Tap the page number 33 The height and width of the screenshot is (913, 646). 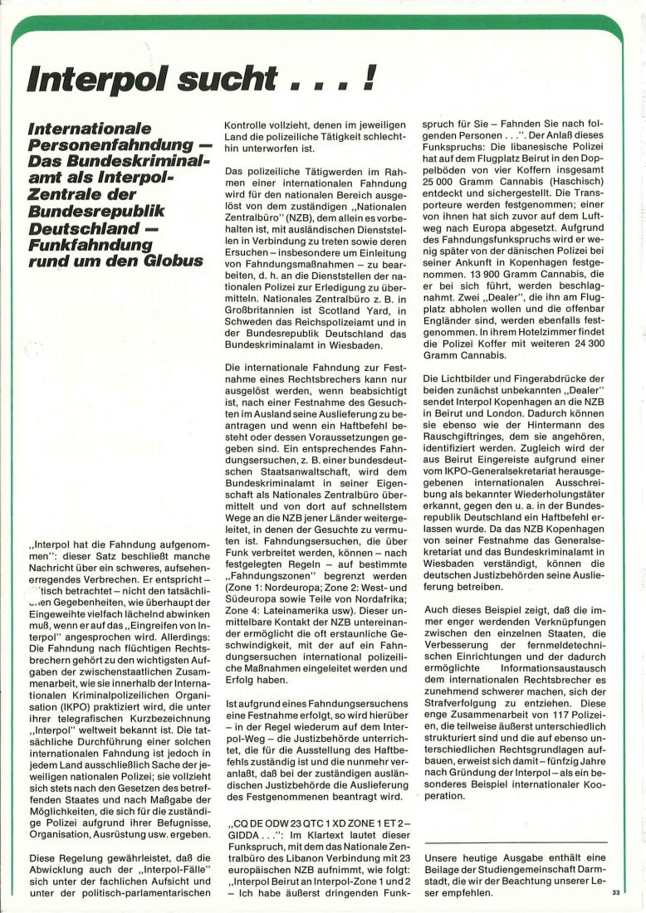click(x=615, y=892)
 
